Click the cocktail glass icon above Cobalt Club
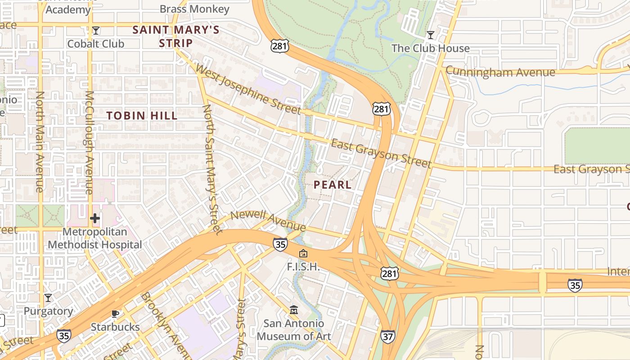pyautogui.click(x=95, y=31)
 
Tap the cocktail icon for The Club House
pyautogui.click(x=431, y=35)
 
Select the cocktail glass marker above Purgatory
pyautogui.click(x=48, y=298)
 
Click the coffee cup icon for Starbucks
pyautogui.click(x=115, y=314)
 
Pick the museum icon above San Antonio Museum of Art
pyautogui.click(x=294, y=310)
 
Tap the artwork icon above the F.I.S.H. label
pyautogui.click(x=303, y=254)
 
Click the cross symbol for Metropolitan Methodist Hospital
pyautogui.click(x=94, y=219)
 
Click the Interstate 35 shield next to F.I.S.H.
pyautogui.click(x=280, y=244)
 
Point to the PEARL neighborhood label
pyautogui.click(x=333, y=184)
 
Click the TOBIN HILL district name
pyautogui.click(x=142, y=116)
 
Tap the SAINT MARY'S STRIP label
pyautogui.click(x=176, y=36)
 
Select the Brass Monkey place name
pyautogui.click(x=194, y=9)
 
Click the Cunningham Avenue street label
pyautogui.click(x=500, y=72)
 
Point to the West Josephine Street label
pyautogui.click(x=248, y=90)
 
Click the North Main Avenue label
pyautogui.click(x=40, y=142)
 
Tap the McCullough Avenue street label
pyautogui.click(x=89, y=143)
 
